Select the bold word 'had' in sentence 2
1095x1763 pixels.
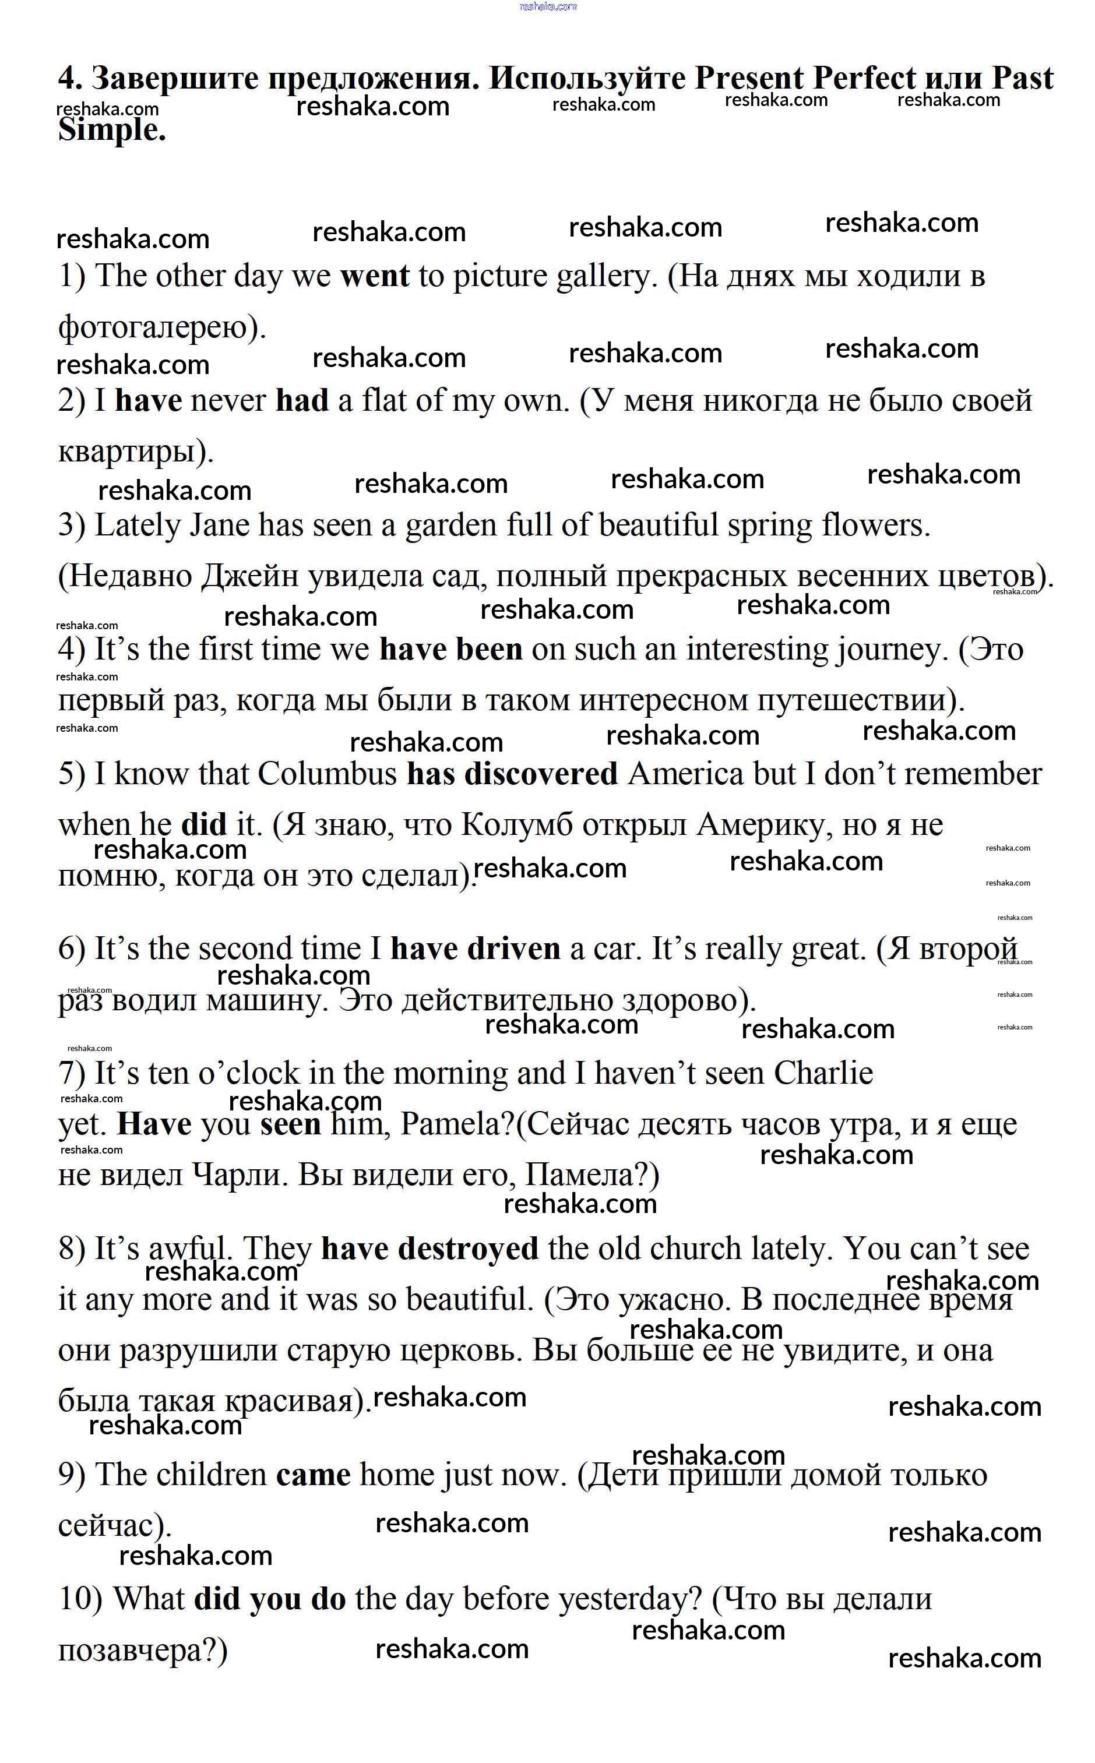click(302, 400)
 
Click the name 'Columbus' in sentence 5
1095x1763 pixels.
click(326, 774)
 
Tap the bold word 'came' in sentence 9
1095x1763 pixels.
click(314, 1475)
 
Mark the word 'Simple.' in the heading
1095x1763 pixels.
click(112, 131)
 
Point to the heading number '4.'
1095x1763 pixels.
click(71, 78)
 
